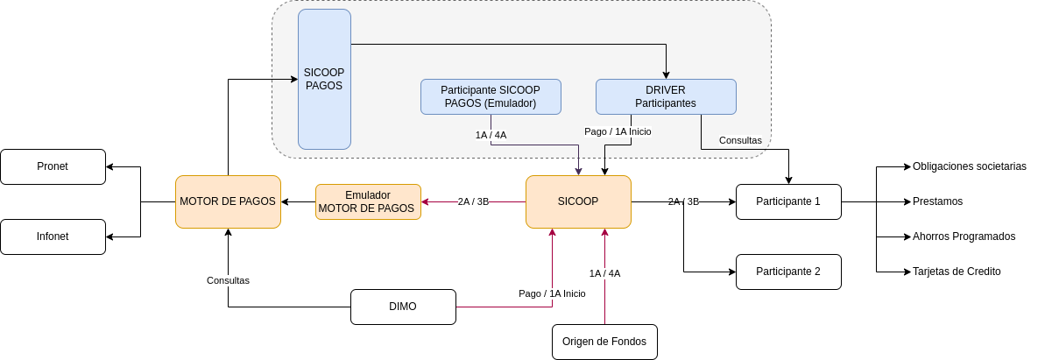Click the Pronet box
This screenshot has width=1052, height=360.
[x=53, y=166]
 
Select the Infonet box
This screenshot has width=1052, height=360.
[x=53, y=236]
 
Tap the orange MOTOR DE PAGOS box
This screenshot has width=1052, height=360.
[x=228, y=201]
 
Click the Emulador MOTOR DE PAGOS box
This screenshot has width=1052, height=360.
[x=368, y=201]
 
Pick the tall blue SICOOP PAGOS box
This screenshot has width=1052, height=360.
[x=324, y=79]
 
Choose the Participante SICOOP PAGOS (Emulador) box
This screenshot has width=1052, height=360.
[x=491, y=96]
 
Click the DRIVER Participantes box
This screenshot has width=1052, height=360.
[x=666, y=96]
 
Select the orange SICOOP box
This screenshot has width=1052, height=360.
[x=578, y=201]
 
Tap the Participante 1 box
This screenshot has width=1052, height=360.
[x=788, y=201]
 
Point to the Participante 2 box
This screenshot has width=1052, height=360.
[x=788, y=272]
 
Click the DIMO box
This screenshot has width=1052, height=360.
[x=403, y=307]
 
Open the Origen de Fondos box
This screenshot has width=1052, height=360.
[x=604, y=342]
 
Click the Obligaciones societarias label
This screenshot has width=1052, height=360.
[x=970, y=166]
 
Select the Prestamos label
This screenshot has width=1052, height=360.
[x=937, y=201]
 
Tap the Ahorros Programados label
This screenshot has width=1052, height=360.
[x=964, y=236]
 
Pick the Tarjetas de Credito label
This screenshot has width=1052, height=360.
[x=957, y=272]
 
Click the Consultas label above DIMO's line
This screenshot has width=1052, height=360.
[x=228, y=280]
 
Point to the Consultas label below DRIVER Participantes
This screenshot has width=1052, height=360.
[x=740, y=140]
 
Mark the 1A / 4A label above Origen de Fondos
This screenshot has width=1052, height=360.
[x=605, y=273]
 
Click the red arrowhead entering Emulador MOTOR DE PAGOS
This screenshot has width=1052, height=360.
[x=425, y=201]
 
